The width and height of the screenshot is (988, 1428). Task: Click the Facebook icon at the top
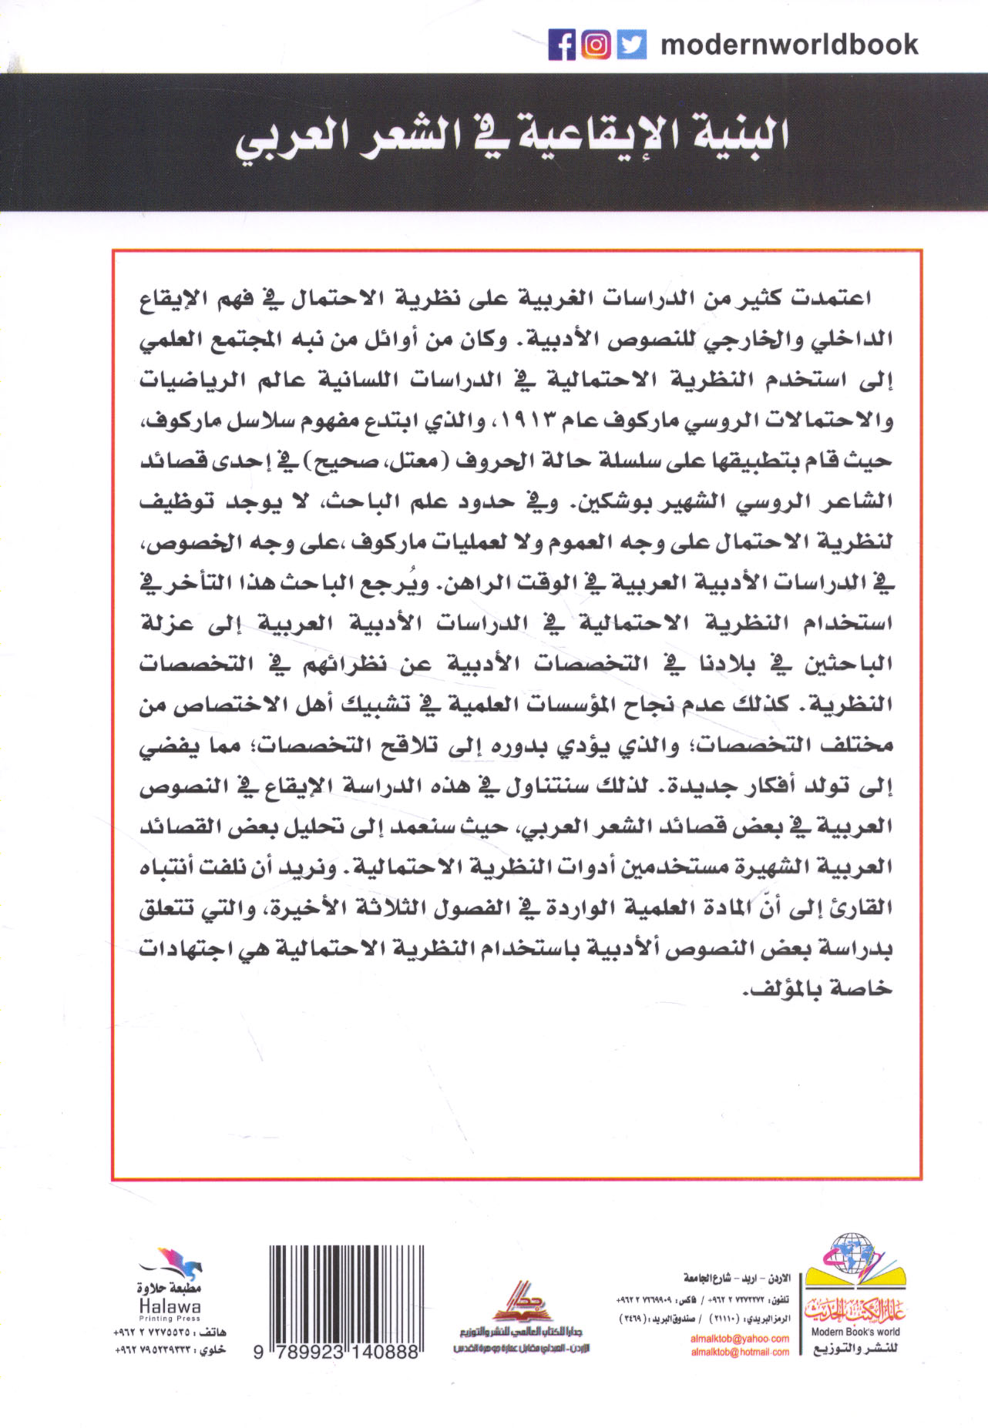click(x=563, y=45)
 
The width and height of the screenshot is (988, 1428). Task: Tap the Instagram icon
click(x=596, y=45)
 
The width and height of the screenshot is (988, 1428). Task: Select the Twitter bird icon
click(x=631, y=45)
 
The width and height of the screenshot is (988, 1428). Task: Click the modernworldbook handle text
click(x=789, y=45)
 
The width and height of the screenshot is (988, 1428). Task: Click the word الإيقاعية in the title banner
click(x=585, y=136)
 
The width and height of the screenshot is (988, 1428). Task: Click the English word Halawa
click(x=170, y=1306)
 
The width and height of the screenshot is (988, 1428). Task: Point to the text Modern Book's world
click(x=855, y=1332)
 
